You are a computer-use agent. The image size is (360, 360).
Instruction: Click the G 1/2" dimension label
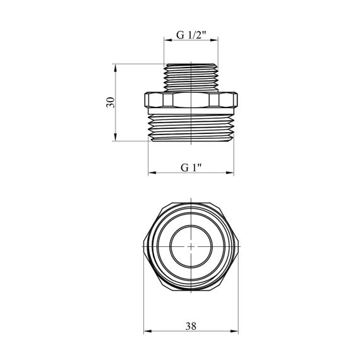[x=191, y=35]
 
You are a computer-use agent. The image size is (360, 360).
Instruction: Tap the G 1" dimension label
[x=191, y=168]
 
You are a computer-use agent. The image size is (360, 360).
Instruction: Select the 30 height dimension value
[x=111, y=102]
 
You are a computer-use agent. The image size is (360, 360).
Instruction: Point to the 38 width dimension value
[x=191, y=326]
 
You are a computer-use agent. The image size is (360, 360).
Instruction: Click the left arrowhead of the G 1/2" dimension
[x=168, y=40]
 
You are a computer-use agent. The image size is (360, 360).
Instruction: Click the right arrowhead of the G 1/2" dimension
[x=214, y=40]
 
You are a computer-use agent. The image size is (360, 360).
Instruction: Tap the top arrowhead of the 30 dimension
[x=115, y=68]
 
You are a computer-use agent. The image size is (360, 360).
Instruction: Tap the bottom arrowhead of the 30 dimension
[x=115, y=137]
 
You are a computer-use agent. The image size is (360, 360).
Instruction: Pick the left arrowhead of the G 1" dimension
[x=152, y=172]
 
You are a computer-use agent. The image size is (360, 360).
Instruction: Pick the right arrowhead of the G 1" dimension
[x=230, y=172]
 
